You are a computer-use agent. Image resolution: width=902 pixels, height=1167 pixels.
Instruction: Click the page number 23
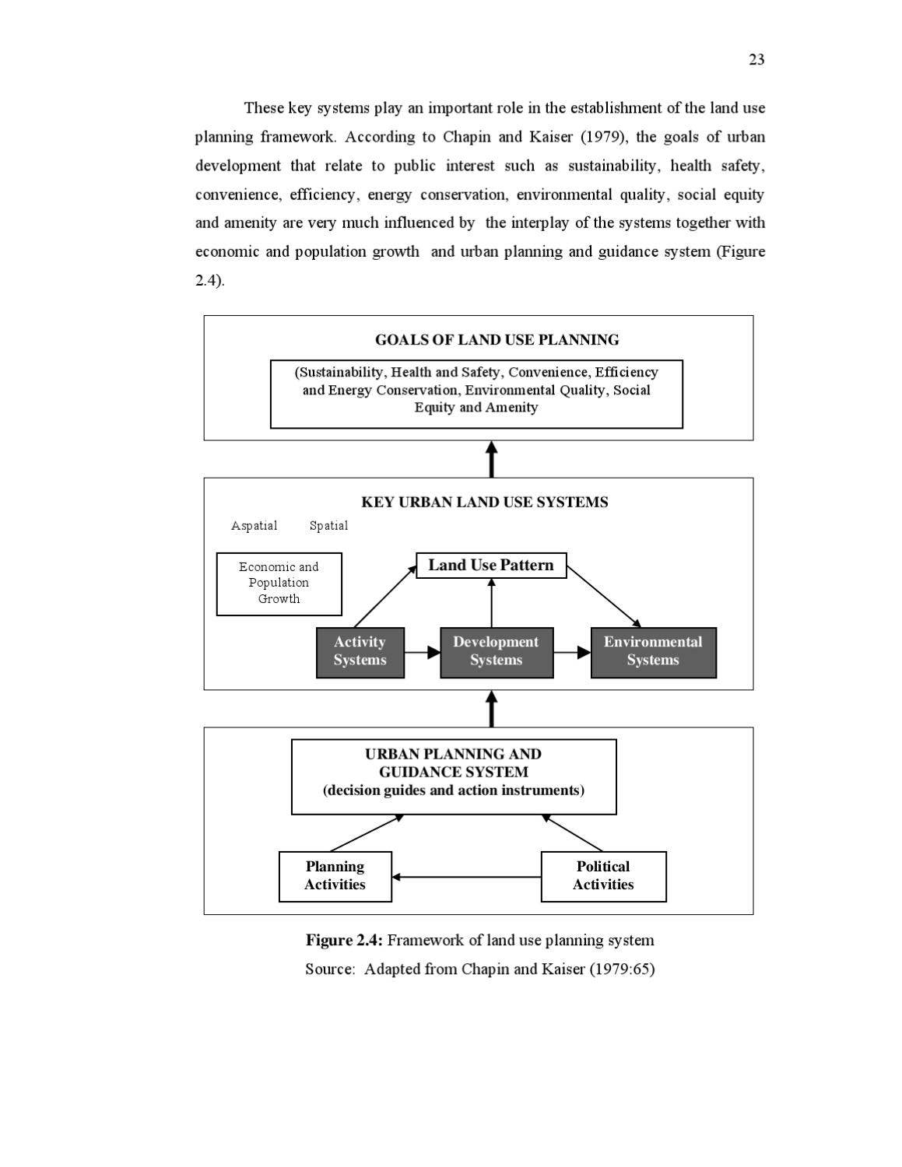tap(756, 60)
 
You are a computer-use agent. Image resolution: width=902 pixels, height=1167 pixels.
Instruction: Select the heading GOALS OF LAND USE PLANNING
tap(497, 340)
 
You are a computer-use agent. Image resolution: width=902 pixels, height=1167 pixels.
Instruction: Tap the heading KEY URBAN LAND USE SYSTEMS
tap(484, 503)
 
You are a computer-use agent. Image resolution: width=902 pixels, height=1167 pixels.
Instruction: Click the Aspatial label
tap(254, 526)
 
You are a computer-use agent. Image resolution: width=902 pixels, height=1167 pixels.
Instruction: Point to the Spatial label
tap(328, 526)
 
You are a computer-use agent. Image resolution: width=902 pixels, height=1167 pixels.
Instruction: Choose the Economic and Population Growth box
tap(279, 583)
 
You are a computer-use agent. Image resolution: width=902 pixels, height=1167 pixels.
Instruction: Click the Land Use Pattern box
tap(490, 566)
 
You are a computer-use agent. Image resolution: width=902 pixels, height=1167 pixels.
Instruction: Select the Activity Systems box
tap(360, 652)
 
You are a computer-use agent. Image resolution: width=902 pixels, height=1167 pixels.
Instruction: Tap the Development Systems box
tap(496, 652)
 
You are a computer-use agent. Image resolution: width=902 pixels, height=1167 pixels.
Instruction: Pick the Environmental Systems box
tap(653, 652)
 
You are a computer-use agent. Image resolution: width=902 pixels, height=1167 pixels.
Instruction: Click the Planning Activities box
tap(335, 876)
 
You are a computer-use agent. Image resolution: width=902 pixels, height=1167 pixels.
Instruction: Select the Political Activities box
tap(603, 876)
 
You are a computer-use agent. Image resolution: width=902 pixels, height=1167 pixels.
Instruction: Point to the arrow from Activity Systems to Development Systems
tap(422, 653)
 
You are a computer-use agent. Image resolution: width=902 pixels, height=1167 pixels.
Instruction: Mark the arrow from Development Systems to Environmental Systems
tap(572, 653)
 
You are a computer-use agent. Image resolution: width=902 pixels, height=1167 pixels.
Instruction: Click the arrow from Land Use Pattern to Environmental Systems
tap(604, 596)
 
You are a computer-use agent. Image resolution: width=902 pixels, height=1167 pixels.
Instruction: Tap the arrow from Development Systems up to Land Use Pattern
tap(491, 602)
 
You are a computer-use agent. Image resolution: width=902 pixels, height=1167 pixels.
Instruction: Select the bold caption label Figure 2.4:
tap(343, 941)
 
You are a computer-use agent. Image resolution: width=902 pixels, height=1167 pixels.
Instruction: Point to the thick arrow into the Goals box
tap(491, 459)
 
